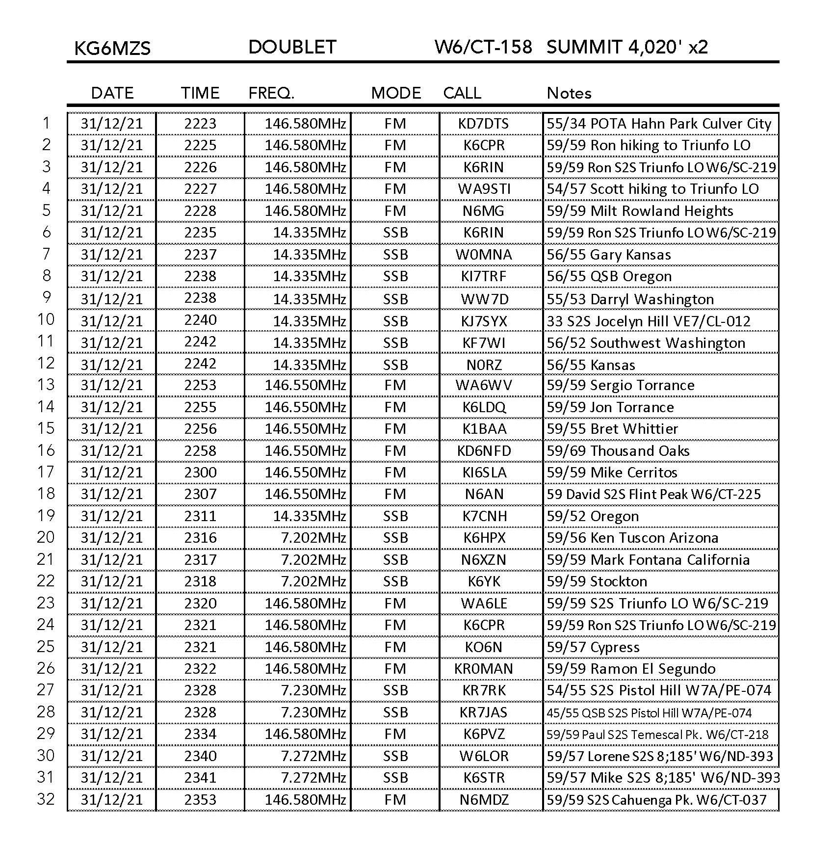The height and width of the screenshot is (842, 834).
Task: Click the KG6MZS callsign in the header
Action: pos(112,48)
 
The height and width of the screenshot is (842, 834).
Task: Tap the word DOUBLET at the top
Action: pos(292,47)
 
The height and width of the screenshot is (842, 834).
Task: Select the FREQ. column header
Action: pos(271,93)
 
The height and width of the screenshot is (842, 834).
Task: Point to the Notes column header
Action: pos(569,93)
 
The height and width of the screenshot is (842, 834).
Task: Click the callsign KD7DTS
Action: pos(483,124)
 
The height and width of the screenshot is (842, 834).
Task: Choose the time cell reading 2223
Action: pos(200,124)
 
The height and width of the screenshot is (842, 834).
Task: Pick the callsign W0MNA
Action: pos(483,255)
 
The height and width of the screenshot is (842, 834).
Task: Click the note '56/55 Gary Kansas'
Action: pos(609,255)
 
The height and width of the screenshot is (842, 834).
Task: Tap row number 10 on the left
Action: pos(46,320)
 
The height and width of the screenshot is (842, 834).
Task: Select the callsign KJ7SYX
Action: pos(483,321)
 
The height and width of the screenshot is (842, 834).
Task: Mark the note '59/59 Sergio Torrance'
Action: pos(621,385)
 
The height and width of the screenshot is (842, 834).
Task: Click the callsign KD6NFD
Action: pos(484,451)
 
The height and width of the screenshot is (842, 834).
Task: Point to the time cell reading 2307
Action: pos(200,494)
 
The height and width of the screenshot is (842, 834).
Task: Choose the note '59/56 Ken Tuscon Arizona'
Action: pos(632,538)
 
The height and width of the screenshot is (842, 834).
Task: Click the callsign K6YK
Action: pos(484,581)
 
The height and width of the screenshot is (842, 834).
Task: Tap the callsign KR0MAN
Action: pos(484,669)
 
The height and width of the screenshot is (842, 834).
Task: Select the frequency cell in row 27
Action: pos(313,690)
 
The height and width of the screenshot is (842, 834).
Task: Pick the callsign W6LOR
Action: pos(484,756)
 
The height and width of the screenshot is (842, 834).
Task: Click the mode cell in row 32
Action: pos(395,800)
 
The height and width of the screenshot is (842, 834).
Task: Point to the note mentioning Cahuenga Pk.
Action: pos(656,800)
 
